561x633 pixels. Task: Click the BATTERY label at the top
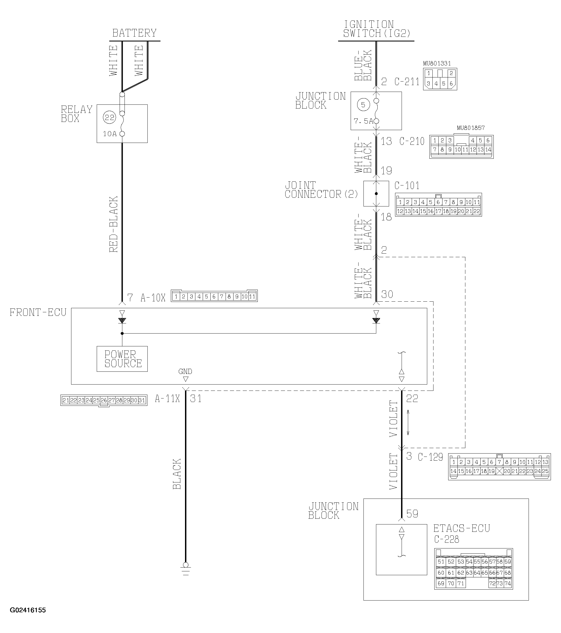pos(134,33)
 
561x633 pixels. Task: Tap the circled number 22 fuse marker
pos(109,118)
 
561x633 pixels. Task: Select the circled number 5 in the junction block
pos(363,105)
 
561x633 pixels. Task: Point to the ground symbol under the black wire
pos(185,569)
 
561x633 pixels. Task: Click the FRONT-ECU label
pos(38,313)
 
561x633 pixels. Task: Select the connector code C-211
pos(407,82)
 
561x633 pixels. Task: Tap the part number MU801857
pos(470,128)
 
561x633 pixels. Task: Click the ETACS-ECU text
pos(461,528)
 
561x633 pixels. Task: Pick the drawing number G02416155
pos(28,610)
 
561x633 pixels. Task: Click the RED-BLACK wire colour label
pos(114,224)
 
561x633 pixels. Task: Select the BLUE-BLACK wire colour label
pos(363,65)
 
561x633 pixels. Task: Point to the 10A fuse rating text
pos(110,134)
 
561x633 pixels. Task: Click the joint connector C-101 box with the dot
pos(376,194)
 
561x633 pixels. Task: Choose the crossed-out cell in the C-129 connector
pos(499,471)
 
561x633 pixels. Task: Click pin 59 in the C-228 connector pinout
pos(508,562)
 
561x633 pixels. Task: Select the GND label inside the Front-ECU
pos(185,371)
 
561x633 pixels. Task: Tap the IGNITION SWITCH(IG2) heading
pos(377,29)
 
